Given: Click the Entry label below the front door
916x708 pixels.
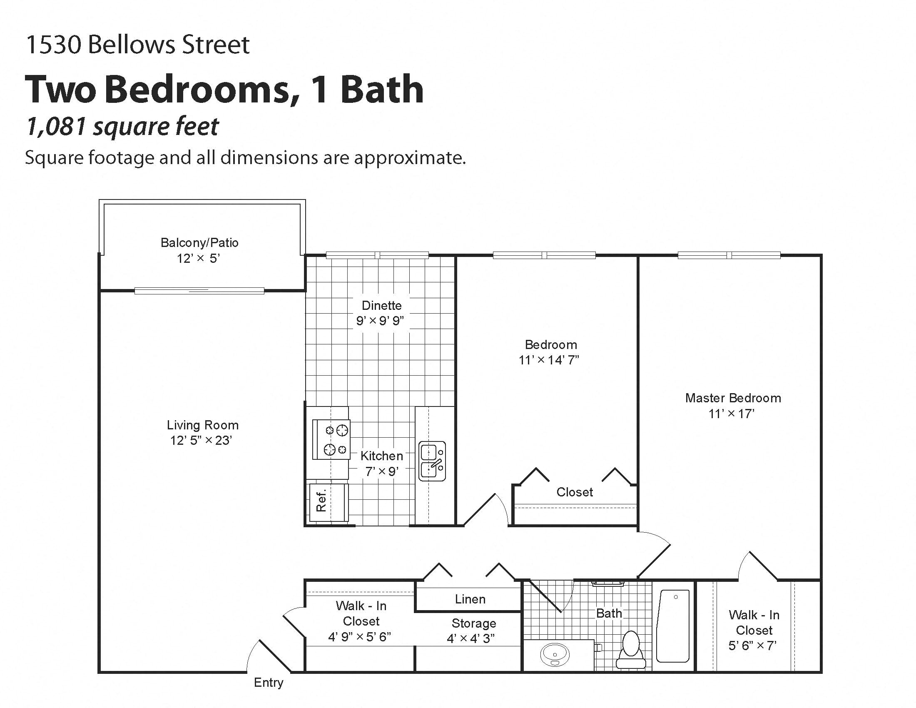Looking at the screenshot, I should [x=269, y=683].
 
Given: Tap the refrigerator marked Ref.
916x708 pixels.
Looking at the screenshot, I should [x=329, y=502].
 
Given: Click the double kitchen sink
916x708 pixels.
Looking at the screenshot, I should [x=433, y=461].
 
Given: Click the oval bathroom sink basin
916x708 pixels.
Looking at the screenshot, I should [x=555, y=654].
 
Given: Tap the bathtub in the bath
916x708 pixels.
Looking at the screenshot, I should [x=673, y=626].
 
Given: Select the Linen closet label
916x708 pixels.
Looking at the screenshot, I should [x=470, y=599].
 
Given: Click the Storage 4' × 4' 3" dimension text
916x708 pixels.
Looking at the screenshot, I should [x=470, y=638].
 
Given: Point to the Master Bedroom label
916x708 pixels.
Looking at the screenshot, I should [x=733, y=398].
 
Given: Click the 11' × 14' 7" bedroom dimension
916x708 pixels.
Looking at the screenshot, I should [x=549, y=360].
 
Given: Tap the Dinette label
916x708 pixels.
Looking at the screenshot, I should [x=381, y=305].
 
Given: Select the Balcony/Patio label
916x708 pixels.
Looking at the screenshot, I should [x=199, y=242].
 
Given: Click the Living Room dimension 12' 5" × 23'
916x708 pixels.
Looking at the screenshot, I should [x=202, y=440].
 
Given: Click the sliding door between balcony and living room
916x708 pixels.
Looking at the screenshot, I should [x=199, y=291].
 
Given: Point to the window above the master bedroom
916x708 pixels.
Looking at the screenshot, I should [x=729, y=255].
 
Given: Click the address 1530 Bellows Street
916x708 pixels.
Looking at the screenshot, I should [x=137, y=45].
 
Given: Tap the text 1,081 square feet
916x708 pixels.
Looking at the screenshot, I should [x=122, y=126].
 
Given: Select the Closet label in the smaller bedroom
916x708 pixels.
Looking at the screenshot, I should [x=574, y=492].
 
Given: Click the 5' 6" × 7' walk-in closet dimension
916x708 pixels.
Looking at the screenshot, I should [x=752, y=646].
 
